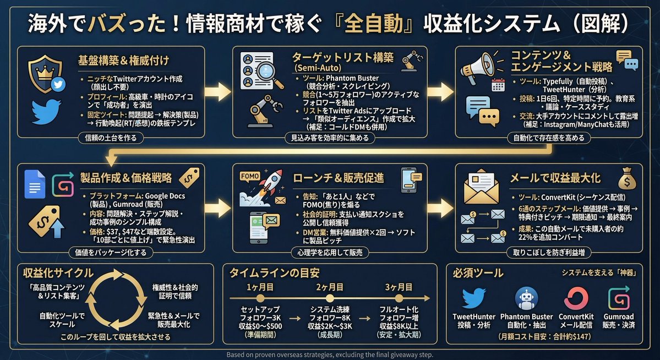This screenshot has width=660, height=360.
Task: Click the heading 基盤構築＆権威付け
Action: point(123,59)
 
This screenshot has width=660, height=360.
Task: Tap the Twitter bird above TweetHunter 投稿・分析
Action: point(473,298)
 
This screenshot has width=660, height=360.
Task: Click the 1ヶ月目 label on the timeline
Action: point(257,287)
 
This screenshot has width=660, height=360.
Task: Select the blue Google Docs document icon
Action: point(35,184)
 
